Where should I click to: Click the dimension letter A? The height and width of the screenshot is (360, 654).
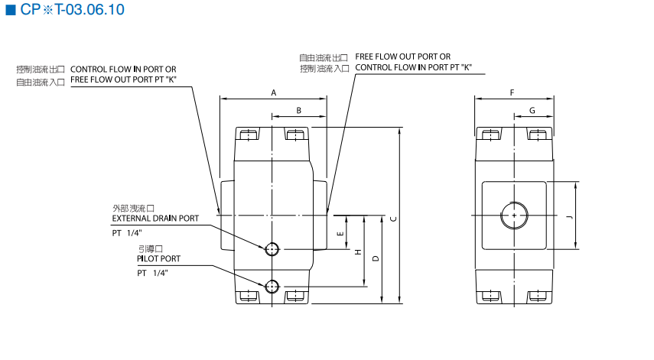(x=273, y=92)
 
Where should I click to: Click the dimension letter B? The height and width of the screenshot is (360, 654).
(x=299, y=111)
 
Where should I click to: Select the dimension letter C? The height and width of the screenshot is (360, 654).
(x=392, y=219)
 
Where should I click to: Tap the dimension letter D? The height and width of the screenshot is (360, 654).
(x=374, y=258)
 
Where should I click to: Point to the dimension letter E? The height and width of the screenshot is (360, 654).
(x=340, y=232)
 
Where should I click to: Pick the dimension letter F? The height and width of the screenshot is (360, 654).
(x=512, y=92)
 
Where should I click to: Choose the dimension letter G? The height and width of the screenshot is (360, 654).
(x=532, y=111)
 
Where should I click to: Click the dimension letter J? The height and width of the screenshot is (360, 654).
(x=568, y=217)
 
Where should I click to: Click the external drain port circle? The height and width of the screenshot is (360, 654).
(x=272, y=249)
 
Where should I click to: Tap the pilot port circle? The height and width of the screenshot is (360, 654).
(x=272, y=287)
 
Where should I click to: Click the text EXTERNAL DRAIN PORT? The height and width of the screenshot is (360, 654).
(x=155, y=219)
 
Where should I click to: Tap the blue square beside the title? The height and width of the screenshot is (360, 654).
(x=11, y=10)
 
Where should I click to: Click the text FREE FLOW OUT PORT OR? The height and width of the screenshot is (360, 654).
(x=402, y=57)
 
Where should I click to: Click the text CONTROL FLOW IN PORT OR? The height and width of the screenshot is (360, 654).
(x=123, y=69)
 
